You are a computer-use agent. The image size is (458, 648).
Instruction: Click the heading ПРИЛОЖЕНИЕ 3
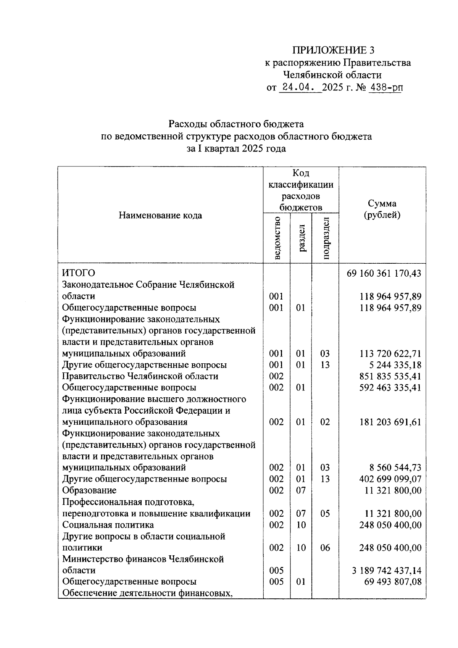334,50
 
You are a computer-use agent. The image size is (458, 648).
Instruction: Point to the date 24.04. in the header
299,87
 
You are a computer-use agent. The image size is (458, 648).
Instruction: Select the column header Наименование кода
160,215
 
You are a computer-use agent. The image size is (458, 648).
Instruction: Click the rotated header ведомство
277,238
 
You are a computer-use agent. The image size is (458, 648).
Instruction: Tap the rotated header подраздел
326,238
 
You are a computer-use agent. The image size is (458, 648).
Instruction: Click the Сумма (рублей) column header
382,209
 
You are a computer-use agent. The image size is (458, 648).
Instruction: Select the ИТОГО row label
79,273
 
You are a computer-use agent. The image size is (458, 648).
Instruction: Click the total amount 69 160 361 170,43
384,273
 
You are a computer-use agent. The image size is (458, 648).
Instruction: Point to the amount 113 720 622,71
390,353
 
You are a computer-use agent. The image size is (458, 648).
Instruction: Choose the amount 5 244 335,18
395,365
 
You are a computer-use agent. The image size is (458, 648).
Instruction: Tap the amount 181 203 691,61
390,422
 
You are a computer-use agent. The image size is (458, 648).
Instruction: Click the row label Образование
89,490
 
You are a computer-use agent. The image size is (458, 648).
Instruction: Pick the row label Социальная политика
108,525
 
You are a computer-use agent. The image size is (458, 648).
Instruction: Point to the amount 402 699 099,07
390,479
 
